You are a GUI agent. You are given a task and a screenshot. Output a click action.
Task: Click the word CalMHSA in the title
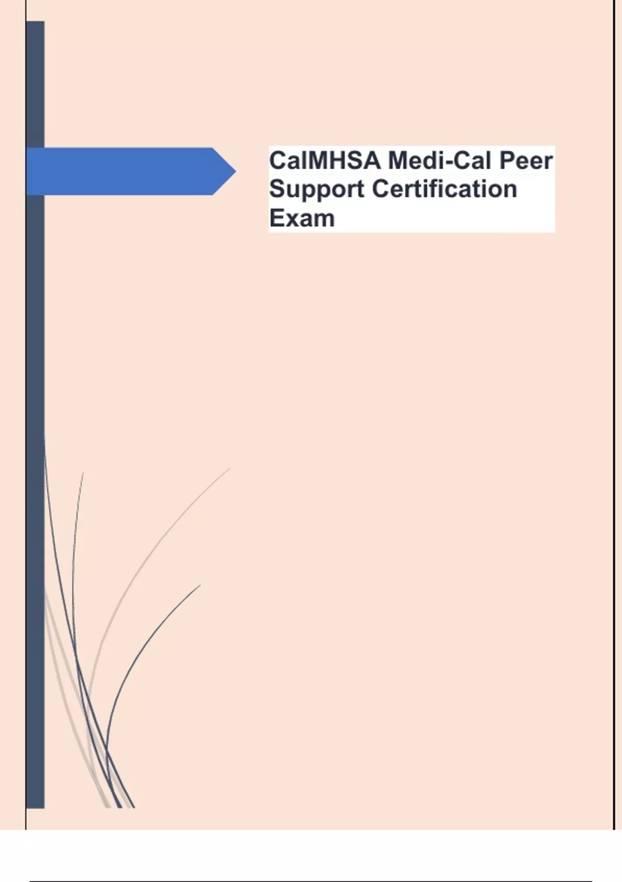tap(325, 161)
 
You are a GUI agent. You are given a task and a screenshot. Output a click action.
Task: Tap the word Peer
tap(526, 161)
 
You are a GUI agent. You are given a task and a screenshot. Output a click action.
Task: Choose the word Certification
tap(444, 189)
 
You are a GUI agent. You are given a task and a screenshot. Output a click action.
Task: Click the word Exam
tap(302, 218)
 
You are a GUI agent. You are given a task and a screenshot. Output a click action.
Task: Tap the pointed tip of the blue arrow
tap(235, 171)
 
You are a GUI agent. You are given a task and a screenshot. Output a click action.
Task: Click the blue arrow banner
tap(131, 171)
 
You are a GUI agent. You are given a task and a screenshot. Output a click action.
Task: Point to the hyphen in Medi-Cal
tap(444, 163)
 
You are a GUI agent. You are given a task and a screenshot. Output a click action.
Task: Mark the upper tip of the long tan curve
tap(231, 468)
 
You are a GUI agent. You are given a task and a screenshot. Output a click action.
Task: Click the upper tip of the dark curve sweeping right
tap(200, 585)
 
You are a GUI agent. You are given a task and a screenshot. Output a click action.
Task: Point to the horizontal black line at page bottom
tap(310, 881)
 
